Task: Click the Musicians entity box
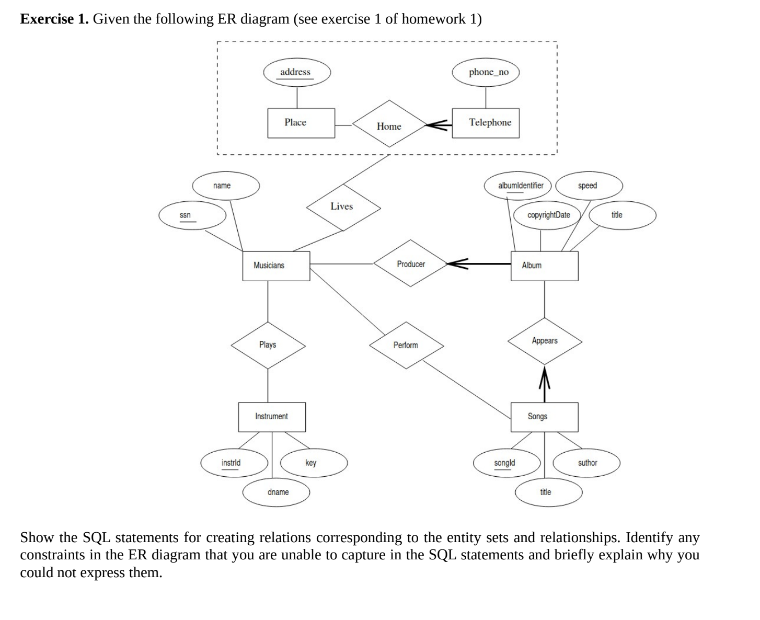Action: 276,266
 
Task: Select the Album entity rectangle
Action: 544,266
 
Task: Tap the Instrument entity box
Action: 272,417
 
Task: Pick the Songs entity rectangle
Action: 544,417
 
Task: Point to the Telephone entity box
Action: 486,123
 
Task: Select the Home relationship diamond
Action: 389,126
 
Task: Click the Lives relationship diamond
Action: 343,207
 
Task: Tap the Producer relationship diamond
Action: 410,263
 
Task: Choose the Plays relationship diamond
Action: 268,345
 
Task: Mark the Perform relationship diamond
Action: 407,345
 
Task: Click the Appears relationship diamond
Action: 545,341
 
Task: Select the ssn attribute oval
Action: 192,215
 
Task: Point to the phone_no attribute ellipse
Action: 486,72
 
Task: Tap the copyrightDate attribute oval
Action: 548,215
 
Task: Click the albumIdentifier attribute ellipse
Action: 520,186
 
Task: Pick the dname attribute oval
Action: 277,492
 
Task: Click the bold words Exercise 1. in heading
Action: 54,19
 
